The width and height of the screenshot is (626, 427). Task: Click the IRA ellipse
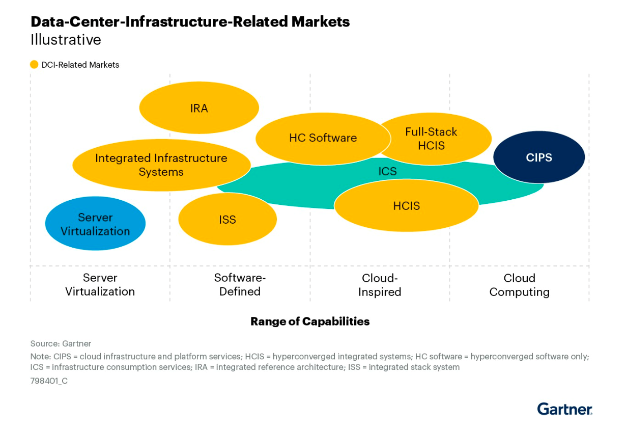pos(199,109)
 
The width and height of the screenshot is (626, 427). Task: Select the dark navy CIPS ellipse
pos(539,157)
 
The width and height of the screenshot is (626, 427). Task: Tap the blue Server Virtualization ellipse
pos(95,224)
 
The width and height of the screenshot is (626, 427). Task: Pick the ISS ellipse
pos(227,220)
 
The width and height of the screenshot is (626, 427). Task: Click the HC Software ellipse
pos(323,138)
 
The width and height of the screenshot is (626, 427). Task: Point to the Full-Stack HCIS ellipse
pos(431,139)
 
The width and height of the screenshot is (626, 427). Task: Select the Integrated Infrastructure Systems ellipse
pos(161,165)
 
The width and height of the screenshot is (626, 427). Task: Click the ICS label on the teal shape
pos(387,171)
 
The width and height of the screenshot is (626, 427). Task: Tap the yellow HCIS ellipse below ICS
pos(406,206)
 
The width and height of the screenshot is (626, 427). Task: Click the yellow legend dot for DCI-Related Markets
pos(34,65)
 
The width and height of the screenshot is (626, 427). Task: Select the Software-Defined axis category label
pos(240,285)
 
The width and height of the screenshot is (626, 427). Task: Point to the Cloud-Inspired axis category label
pos(380,285)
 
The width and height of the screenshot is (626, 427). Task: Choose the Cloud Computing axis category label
pos(519,285)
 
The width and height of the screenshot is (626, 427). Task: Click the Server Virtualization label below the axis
pos(100,285)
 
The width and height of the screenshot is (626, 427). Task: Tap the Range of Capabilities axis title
pos(310,322)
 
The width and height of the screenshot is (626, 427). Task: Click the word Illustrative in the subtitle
pos(66,40)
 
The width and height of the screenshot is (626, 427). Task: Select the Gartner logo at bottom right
pos(564,409)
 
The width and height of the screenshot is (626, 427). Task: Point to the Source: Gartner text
pos(61,343)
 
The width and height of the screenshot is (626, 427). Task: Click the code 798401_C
pos(49,381)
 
